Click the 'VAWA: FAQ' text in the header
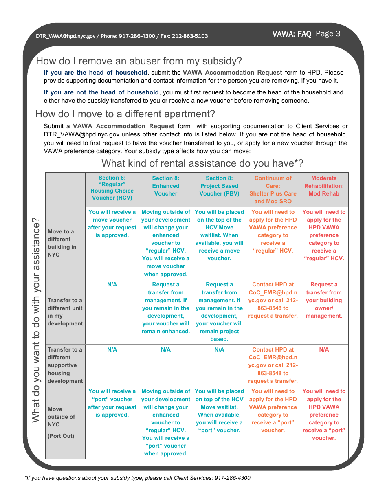[x=292, y=34]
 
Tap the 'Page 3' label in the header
[x=328, y=34]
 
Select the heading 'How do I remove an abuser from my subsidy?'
[x=139, y=61]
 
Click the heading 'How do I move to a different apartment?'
[x=125, y=114]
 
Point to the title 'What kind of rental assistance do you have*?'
[x=202, y=163]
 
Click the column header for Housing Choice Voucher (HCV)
[x=112, y=188]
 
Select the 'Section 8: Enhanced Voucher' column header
[x=166, y=186]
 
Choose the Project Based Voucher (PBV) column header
[x=219, y=186]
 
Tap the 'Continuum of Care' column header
[x=273, y=189]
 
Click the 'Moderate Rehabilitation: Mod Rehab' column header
[x=324, y=186]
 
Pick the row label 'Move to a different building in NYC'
[x=62, y=243]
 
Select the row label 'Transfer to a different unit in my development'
[x=65, y=312]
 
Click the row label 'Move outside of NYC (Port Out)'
[x=62, y=422]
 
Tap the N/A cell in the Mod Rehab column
[x=324, y=349]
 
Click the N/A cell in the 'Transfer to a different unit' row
[x=112, y=284]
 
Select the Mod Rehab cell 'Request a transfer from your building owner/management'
[x=324, y=300]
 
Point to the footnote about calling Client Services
[x=139, y=478]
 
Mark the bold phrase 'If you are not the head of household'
[x=101, y=92]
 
